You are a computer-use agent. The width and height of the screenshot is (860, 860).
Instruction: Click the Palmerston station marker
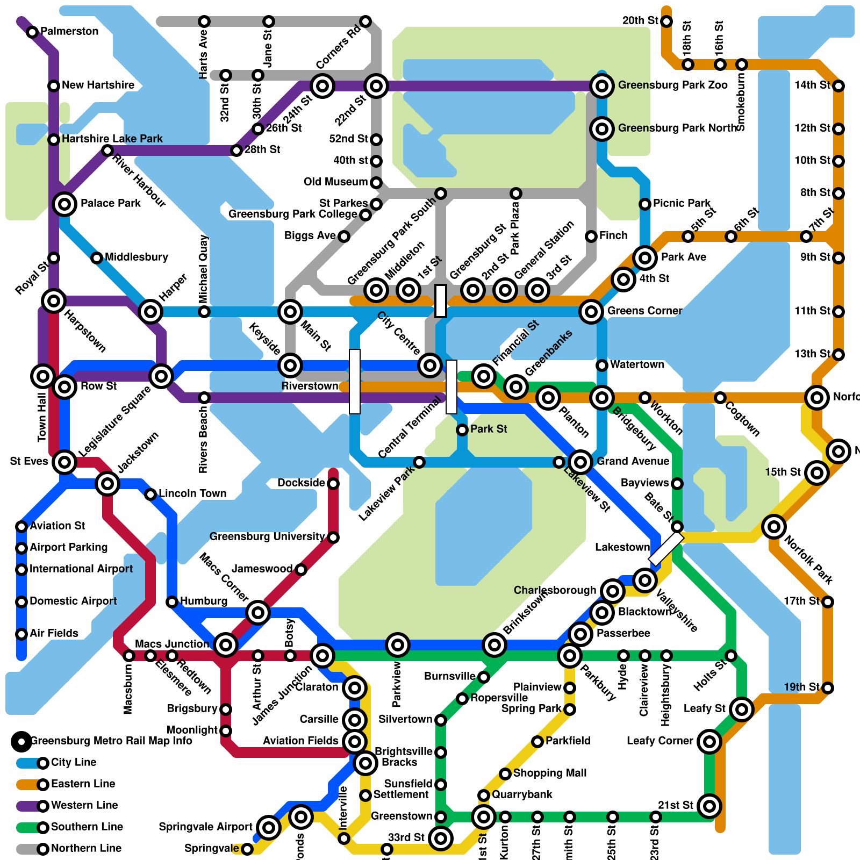click(x=32, y=32)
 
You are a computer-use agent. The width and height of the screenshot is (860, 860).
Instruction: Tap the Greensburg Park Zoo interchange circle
click(x=602, y=85)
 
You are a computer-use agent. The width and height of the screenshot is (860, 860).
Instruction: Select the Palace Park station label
click(x=110, y=203)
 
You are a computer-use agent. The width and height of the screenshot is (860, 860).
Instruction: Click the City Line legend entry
click(x=73, y=762)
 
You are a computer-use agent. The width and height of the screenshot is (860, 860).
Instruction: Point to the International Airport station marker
click(x=21, y=569)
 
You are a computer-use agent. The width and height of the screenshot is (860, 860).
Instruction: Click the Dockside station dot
click(x=333, y=484)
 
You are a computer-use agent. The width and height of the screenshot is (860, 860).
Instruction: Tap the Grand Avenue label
click(x=633, y=461)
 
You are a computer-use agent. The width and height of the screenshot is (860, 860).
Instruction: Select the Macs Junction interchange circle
click(x=226, y=644)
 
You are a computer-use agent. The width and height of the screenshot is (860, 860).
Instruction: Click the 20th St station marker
click(x=666, y=21)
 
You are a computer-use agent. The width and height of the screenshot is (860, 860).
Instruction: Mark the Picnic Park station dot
click(x=645, y=204)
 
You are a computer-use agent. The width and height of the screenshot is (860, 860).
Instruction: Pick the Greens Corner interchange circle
click(x=591, y=311)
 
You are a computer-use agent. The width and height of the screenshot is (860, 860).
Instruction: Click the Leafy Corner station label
click(x=660, y=741)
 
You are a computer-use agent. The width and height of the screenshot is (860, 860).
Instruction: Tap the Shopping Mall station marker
click(x=505, y=774)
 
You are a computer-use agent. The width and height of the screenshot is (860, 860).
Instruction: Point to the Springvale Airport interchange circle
click(x=269, y=827)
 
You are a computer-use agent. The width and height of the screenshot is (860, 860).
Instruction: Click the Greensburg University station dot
click(x=333, y=537)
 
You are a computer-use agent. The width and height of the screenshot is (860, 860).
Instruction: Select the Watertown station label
click(x=637, y=364)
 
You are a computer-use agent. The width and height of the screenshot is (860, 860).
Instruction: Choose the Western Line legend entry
click(x=84, y=805)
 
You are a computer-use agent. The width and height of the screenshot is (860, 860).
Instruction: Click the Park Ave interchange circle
click(x=645, y=258)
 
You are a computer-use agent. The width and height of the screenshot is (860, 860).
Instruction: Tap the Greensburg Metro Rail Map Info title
click(x=111, y=741)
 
